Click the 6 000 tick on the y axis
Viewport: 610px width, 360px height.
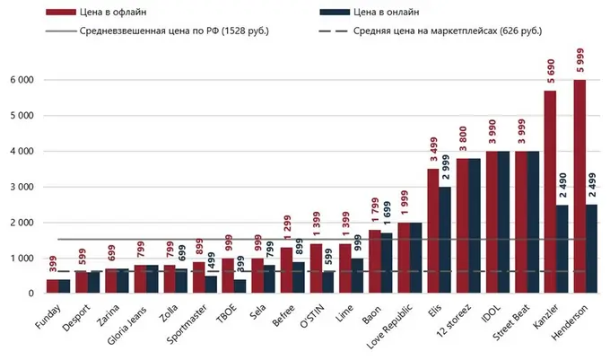point(21,80)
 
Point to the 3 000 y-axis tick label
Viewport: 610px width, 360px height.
point(21,187)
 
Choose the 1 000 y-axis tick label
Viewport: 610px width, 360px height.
point(21,259)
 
